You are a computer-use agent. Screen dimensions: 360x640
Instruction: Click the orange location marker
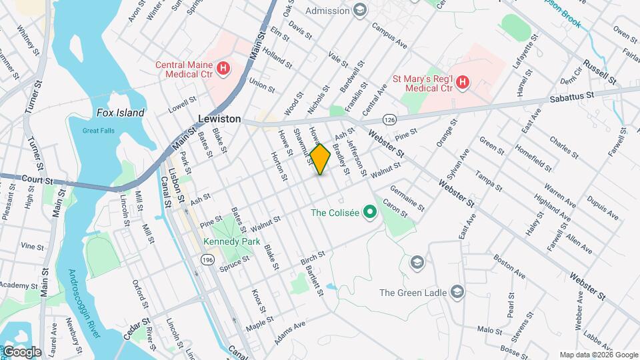click(x=321, y=159)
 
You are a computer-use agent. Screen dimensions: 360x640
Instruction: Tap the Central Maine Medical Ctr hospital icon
click(x=224, y=67)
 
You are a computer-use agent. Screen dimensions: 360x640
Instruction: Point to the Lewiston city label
click(x=219, y=118)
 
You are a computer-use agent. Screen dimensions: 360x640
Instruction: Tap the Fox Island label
click(x=120, y=113)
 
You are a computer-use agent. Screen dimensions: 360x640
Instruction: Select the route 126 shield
click(x=390, y=119)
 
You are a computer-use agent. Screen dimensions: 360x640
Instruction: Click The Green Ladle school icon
click(x=457, y=292)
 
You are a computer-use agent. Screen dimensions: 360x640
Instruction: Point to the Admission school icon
click(x=360, y=10)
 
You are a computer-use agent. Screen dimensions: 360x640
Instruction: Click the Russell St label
click(x=599, y=71)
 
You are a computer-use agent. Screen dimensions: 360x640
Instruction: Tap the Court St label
click(x=36, y=181)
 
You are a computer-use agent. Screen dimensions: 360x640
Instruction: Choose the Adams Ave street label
click(x=289, y=332)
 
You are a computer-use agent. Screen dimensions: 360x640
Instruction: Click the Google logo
click(x=21, y=351)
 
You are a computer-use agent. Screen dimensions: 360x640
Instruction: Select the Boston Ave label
click(x=510, y=265)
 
